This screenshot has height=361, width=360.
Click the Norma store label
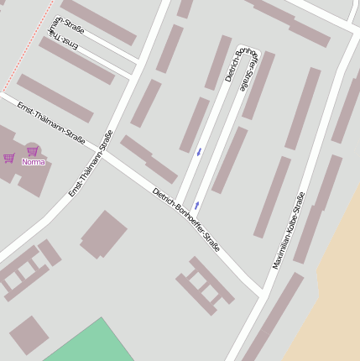[34, 162]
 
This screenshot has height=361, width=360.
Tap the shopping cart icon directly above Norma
[33, 151]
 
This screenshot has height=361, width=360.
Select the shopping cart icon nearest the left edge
[8, 158]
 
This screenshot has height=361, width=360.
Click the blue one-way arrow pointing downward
[199, 152]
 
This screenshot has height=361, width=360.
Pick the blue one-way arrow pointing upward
[196, 204]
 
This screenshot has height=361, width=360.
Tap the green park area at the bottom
[92, 344]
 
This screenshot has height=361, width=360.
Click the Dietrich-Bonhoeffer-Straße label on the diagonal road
[186, 220]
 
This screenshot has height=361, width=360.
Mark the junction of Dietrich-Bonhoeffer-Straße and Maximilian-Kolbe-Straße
[263, 293]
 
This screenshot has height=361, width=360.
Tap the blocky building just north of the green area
[104, 234]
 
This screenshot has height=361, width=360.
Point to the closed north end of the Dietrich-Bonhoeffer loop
[249, 48]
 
